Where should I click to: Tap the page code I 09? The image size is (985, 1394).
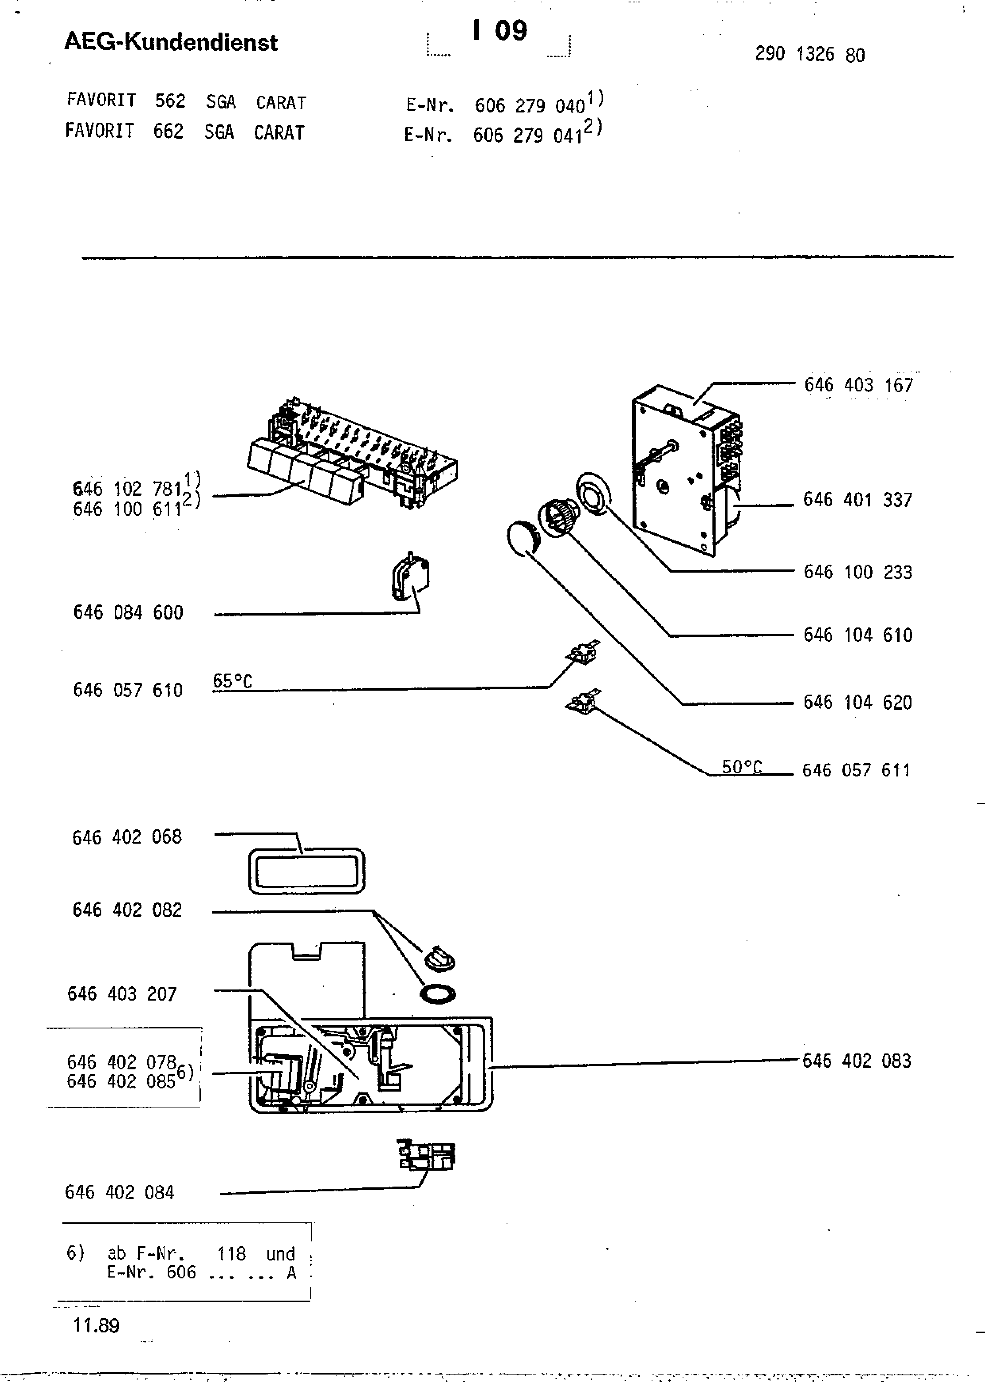point(500,30)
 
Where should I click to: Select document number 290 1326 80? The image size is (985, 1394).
point(810,55)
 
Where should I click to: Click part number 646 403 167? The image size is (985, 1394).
point(858,385)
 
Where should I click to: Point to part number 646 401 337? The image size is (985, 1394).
point(857,500)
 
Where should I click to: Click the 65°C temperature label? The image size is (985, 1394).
point(232,681)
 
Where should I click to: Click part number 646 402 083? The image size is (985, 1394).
point(856,1060)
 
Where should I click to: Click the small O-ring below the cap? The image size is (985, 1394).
point(437,994)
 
